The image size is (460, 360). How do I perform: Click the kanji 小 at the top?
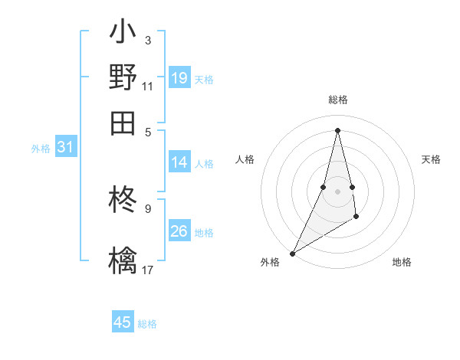[123, 34]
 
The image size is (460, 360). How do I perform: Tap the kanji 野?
[123, 77]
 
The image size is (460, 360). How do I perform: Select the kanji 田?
[123, 123]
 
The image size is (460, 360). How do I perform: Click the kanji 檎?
[123, 259]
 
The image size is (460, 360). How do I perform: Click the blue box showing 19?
[179, 78]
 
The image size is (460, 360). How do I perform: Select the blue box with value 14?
[179, 162]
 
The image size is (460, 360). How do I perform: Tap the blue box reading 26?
[179, 231]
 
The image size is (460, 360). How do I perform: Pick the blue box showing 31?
[65, 148]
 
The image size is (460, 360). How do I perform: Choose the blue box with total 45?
[123, 322]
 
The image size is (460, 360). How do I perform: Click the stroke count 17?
[148, 270]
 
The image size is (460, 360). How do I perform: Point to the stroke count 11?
[148, 87]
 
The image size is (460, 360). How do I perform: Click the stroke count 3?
[148, 40]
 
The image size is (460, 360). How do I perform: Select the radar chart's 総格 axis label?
[338, 100]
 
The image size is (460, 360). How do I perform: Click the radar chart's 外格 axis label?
[270, 262]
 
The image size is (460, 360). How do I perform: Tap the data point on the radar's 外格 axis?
[293, 253]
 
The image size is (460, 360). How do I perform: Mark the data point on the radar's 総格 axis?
[338, 130]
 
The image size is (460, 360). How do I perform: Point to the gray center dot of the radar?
[338, 191]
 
